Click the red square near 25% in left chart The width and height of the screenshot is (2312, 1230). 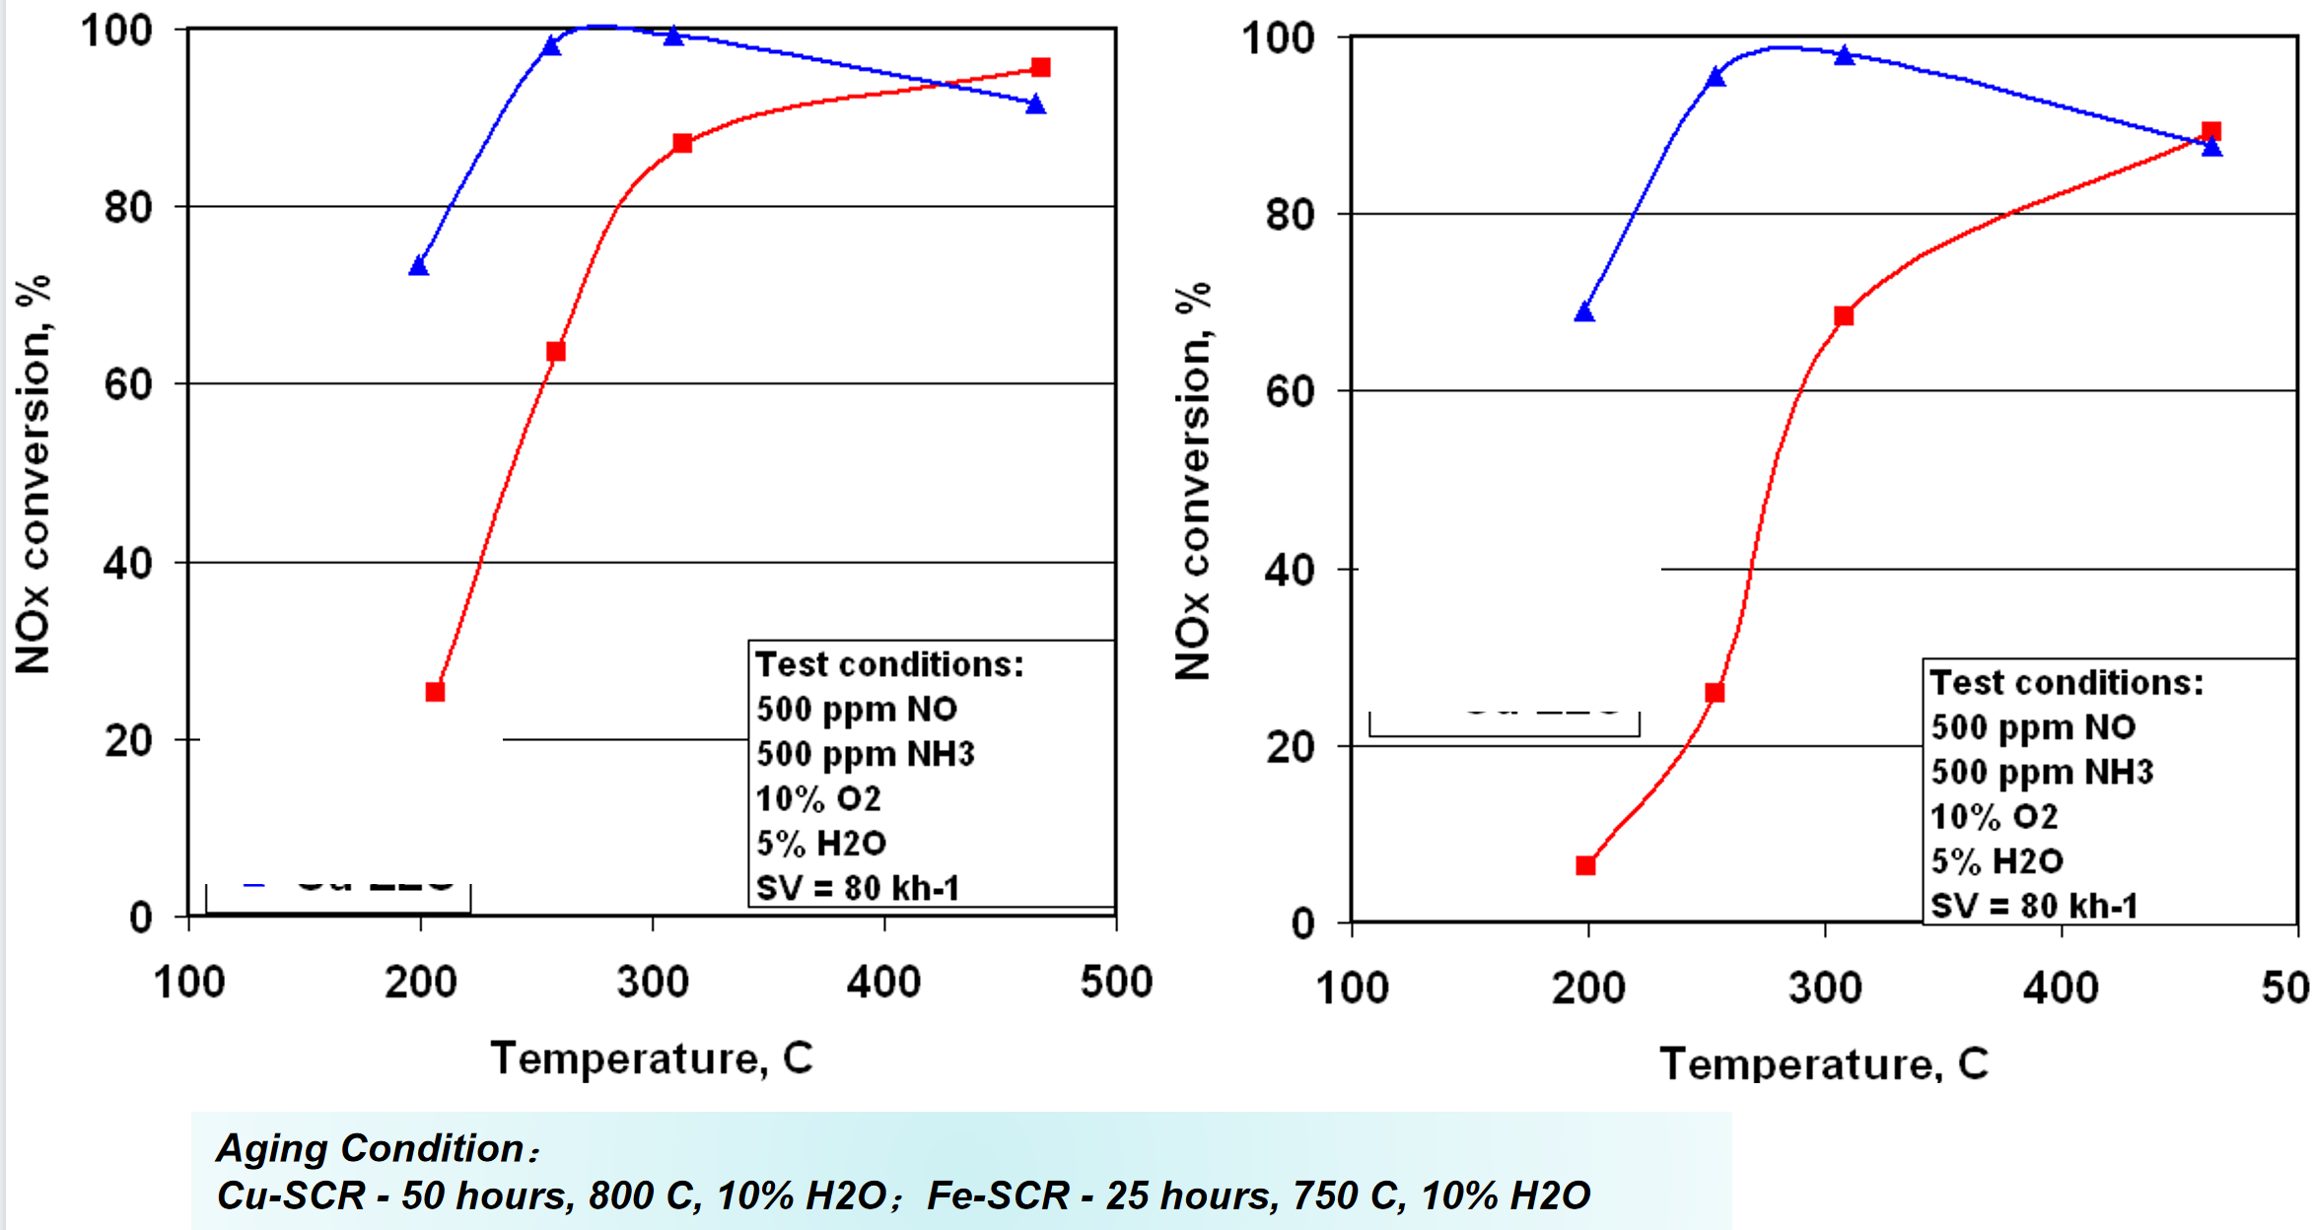tap(435, 692)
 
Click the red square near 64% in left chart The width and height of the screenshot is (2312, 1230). tap(556, 352)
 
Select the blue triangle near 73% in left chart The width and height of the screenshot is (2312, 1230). tap(419, 265)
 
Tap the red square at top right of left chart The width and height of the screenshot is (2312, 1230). tap(1040, 67)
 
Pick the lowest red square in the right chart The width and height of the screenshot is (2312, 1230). tap(1585, 865)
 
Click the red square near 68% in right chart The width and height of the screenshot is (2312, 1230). tap(1844, 315)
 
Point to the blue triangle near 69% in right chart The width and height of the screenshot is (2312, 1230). tap(1584, 312)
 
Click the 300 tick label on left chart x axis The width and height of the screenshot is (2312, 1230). tap(652, 983)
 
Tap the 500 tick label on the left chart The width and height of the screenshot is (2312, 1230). tap(1116, 983)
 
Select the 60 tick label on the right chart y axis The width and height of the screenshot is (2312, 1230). tap(1291, 392)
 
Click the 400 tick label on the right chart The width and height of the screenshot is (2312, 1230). tap(2061, 988)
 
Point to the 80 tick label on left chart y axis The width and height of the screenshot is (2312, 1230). tap(128, 208)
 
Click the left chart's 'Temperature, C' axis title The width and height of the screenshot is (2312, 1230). tap(652, 1059)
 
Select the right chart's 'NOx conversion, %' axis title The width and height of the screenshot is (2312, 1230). tap(1193, 481)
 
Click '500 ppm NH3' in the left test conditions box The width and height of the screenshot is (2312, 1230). tap(866, 754)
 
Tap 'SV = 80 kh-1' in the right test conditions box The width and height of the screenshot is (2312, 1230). tap(2034, 906)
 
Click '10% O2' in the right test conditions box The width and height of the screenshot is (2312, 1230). tap(1994, 817)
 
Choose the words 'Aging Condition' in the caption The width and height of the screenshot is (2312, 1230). tap(371, 1148)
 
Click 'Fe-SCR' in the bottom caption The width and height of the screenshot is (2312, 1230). tap(998, 1196)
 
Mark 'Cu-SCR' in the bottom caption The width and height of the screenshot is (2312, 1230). tap(291, 1196)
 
